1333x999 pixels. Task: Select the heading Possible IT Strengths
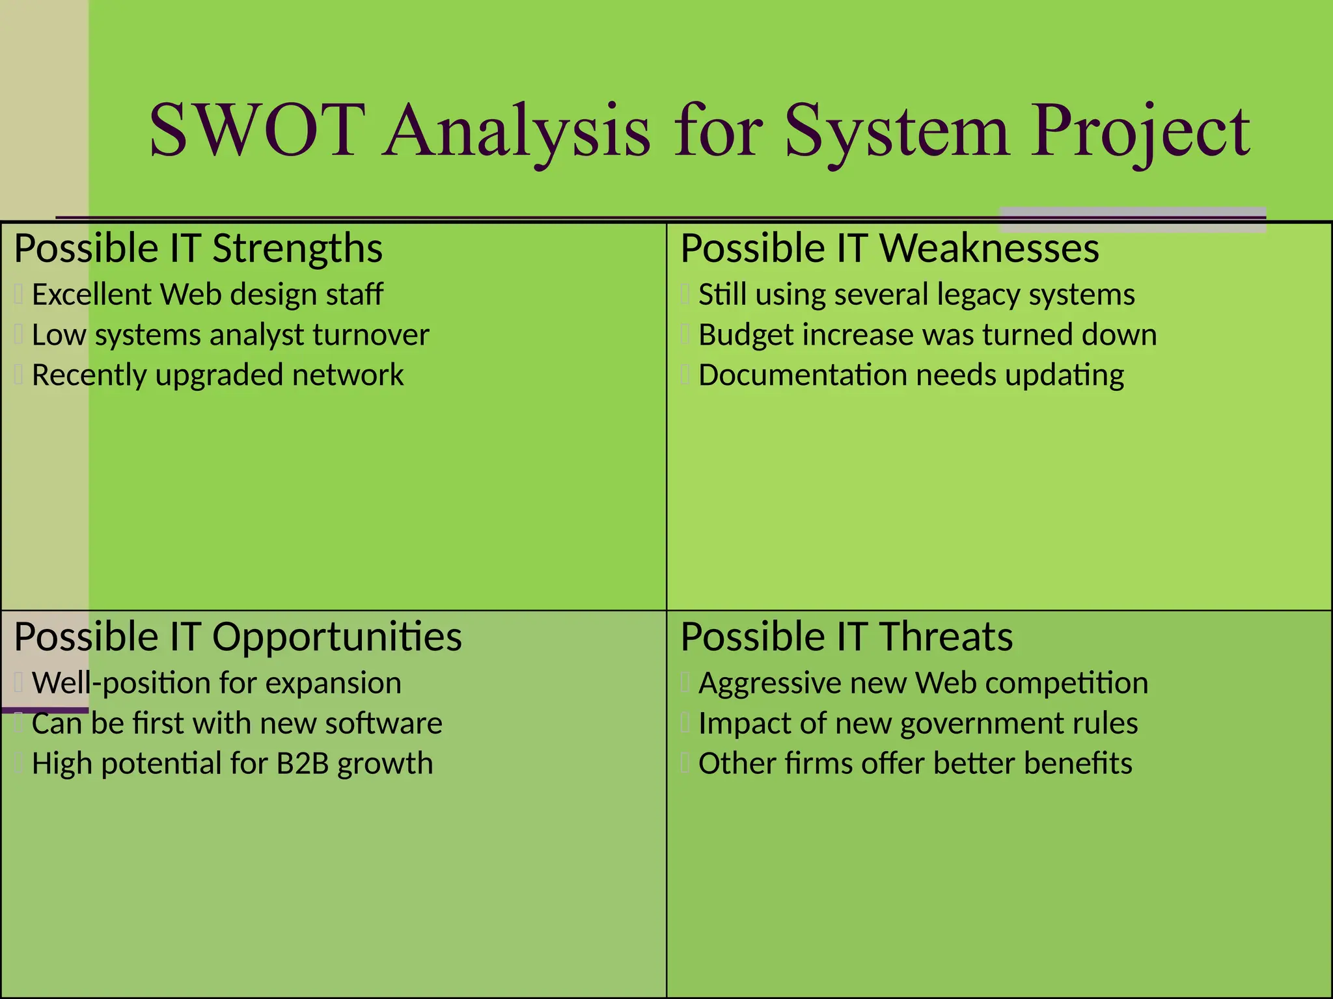tap(198, 248)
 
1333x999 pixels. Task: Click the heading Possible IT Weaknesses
tap(889, 248)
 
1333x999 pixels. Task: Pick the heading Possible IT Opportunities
tap(238, 637)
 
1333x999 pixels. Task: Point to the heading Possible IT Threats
tap(846, 637)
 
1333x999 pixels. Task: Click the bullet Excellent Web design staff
tap(207, 295)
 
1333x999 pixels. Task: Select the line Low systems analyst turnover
tap(230, 336)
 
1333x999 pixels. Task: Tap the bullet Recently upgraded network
tap(217, 376)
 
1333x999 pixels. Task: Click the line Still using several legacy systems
tap(916, 295)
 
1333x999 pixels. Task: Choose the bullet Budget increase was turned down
tap(927, 336)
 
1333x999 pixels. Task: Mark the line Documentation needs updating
tap(911, 376)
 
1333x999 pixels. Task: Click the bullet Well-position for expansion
tap(216, 684)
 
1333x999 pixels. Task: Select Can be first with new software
tap(237, 724)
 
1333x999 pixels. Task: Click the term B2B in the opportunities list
tap(302, 764)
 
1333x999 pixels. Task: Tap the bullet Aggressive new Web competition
tap(923, 684)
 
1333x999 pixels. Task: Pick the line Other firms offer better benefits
tap(914, 764)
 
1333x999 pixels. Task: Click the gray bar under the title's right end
tap(1132, 220)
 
